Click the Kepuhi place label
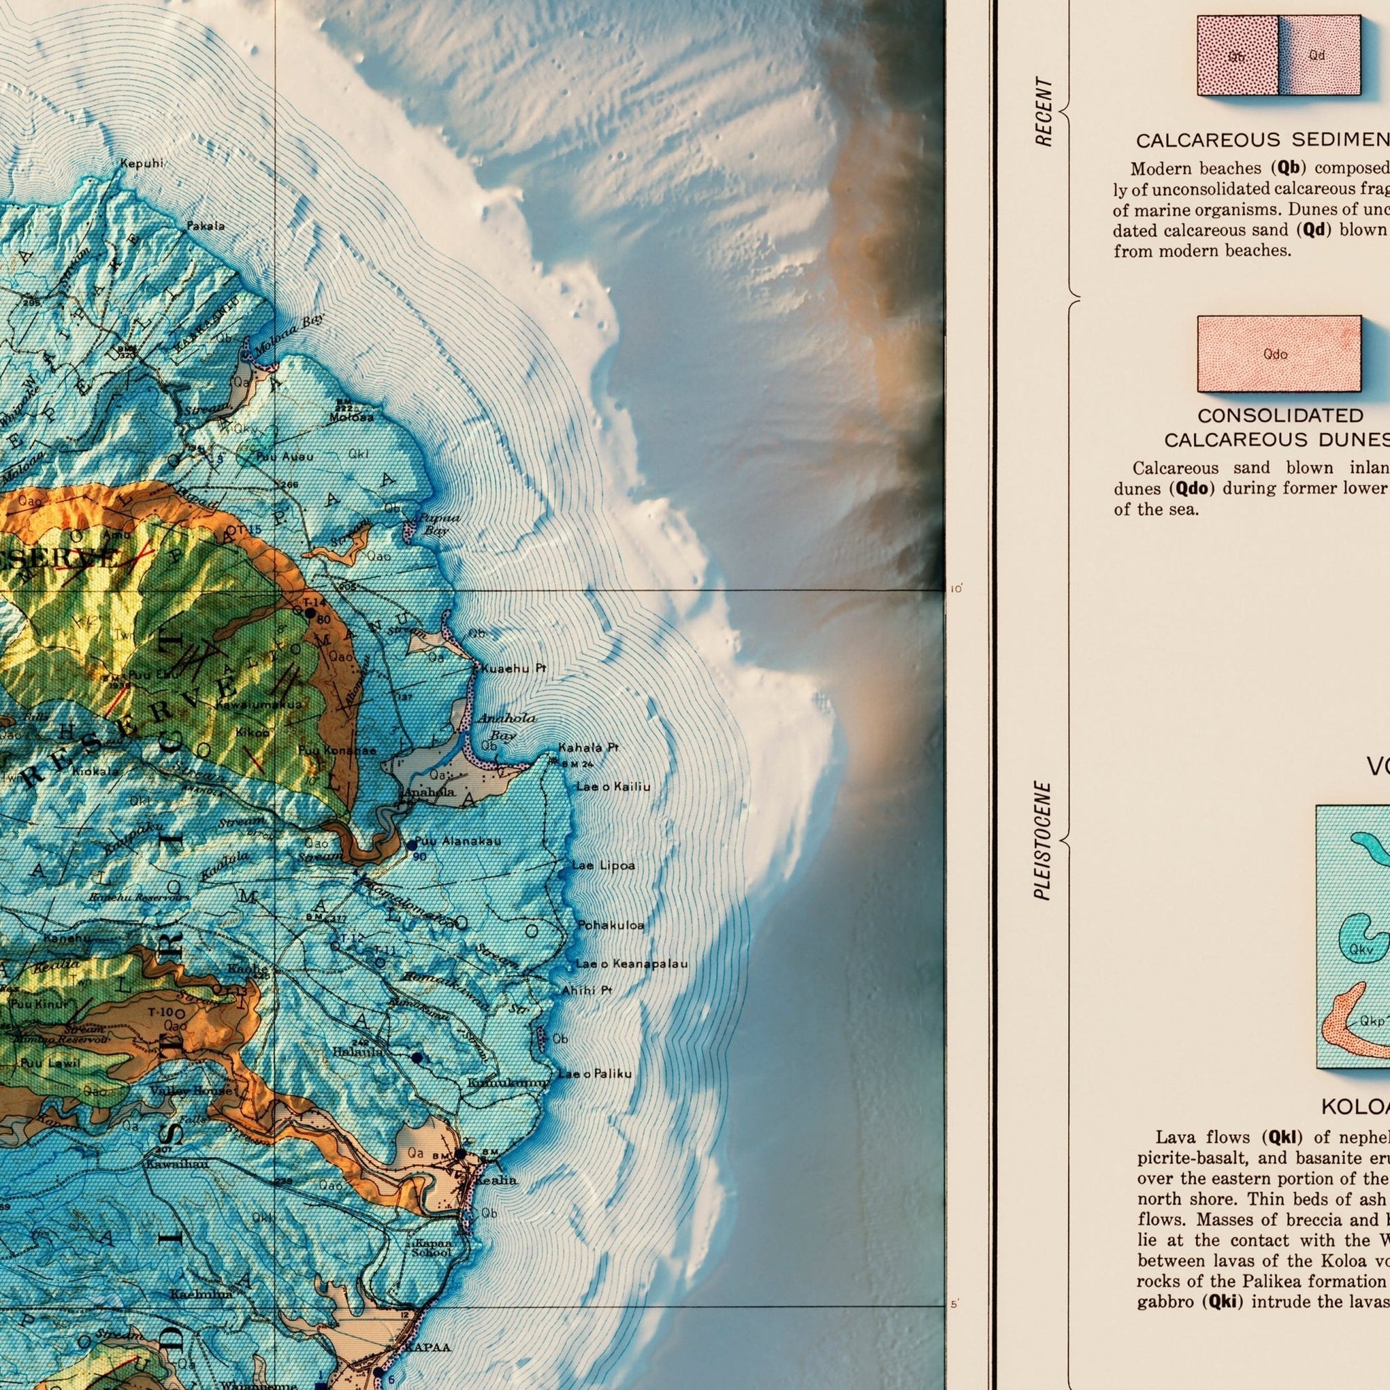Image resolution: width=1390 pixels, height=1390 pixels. (142, 164)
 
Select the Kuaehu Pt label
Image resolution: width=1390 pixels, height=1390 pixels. (513, 669)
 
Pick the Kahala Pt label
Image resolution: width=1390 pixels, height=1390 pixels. (588, 749)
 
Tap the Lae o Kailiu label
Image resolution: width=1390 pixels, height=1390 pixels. (613, 788)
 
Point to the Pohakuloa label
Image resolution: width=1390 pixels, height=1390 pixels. (611, 924)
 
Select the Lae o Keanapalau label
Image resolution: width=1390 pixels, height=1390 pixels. (631, 963)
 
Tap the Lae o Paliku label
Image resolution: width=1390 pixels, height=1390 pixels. (594, 1074)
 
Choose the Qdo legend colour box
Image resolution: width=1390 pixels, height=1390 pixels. (1279, 353)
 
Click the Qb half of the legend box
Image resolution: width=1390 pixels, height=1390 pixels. (1238, 56)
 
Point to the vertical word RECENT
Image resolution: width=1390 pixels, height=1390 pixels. (1044, 112)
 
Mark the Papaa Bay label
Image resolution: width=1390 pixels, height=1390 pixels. (438, 524)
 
